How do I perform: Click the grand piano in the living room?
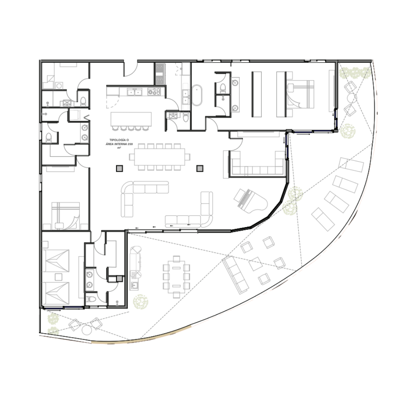click(251, 201)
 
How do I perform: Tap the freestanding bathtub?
click(197, 95)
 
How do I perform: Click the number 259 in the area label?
click(130, 144)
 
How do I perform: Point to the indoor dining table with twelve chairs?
click(160, 157)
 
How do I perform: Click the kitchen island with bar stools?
click(131, 121)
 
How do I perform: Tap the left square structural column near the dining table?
click(119, 168)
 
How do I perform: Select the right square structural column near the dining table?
click(200, 168)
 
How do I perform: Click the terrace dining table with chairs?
click(176, 277)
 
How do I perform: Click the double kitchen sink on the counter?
click(134, 92)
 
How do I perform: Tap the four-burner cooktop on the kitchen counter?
click(154, 92)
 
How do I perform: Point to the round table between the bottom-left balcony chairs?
click(87, 330)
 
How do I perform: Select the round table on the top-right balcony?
click(352, 98)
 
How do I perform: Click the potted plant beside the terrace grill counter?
click(140, 302)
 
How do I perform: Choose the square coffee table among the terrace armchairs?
click(255, 264)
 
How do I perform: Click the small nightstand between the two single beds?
click(59, 277)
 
